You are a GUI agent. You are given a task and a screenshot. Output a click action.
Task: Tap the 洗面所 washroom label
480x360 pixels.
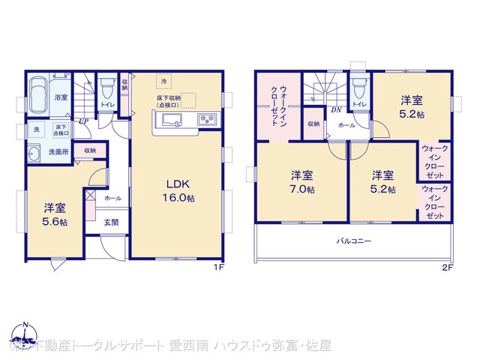58,151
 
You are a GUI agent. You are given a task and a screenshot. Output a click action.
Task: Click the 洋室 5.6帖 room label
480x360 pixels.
53,214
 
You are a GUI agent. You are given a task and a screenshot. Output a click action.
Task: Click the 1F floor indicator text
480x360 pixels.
219,267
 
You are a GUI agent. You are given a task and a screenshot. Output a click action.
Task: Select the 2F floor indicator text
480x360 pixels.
448,267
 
